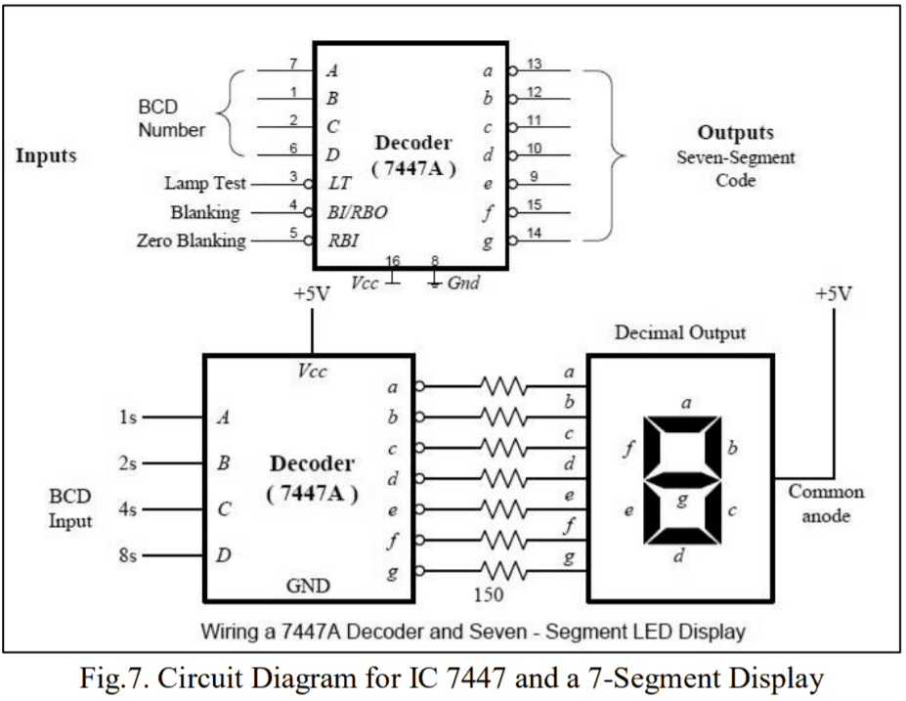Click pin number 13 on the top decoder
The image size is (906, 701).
point(535,64)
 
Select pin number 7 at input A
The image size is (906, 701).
point(292,64)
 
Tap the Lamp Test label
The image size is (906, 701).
point(205,183)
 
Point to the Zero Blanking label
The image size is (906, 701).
point(192,241)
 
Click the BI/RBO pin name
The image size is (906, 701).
point(357,212)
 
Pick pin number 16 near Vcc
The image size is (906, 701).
point(393,262)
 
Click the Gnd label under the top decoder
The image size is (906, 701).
point(463,284)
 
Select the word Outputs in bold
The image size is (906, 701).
point(735,132)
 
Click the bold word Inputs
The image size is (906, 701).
point(46,154)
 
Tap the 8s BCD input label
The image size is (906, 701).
point(127,556)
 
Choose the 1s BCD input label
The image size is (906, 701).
point(127,417)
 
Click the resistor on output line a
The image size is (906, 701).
point(503,386)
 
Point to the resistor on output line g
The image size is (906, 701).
point(503,570)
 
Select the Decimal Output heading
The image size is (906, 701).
point(679,332)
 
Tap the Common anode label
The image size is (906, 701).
point(826,504)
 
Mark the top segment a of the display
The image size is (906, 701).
point(681,423)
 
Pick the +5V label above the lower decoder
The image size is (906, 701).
point(312,294)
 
